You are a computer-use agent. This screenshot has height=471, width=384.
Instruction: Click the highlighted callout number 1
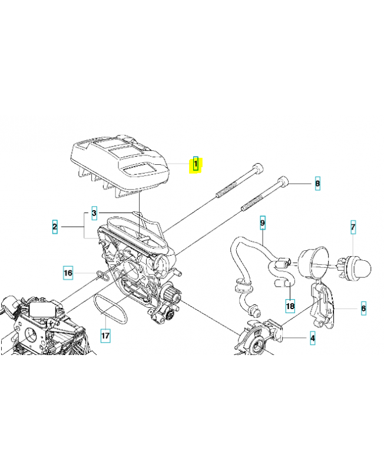coord(196,164)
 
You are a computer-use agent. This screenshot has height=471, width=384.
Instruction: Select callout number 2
coord(55,227)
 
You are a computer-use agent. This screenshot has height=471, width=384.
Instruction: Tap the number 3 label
coord(94,213)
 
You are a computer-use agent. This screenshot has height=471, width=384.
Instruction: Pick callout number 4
coord(313,338)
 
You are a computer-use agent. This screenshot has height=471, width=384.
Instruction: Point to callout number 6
coord(363,308)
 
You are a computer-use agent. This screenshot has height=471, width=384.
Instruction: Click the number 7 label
coord(353,227)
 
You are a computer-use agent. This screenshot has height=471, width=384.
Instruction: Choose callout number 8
coord(317,183)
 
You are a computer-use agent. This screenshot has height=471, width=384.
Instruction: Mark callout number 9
coord(263,223)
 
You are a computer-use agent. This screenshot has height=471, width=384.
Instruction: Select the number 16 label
coord(68,273)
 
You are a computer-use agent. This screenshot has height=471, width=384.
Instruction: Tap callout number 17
coord(105,335)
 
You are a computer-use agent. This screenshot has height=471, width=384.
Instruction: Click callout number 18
coord(290,306)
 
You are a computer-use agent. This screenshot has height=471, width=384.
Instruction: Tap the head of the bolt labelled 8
coord(283,181)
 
